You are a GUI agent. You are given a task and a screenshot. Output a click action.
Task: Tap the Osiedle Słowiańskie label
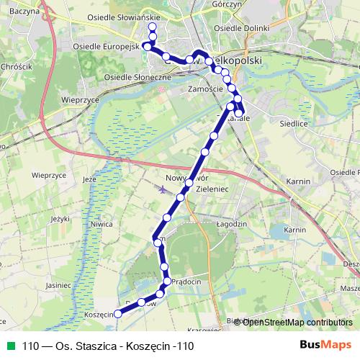[x=117, y=19]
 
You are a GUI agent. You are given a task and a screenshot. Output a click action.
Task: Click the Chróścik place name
[x=16, y=66]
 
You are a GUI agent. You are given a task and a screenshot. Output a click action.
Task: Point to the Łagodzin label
[x=232, y=225]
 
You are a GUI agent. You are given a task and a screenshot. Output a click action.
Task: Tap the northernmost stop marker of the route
[x=152, y=27]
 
